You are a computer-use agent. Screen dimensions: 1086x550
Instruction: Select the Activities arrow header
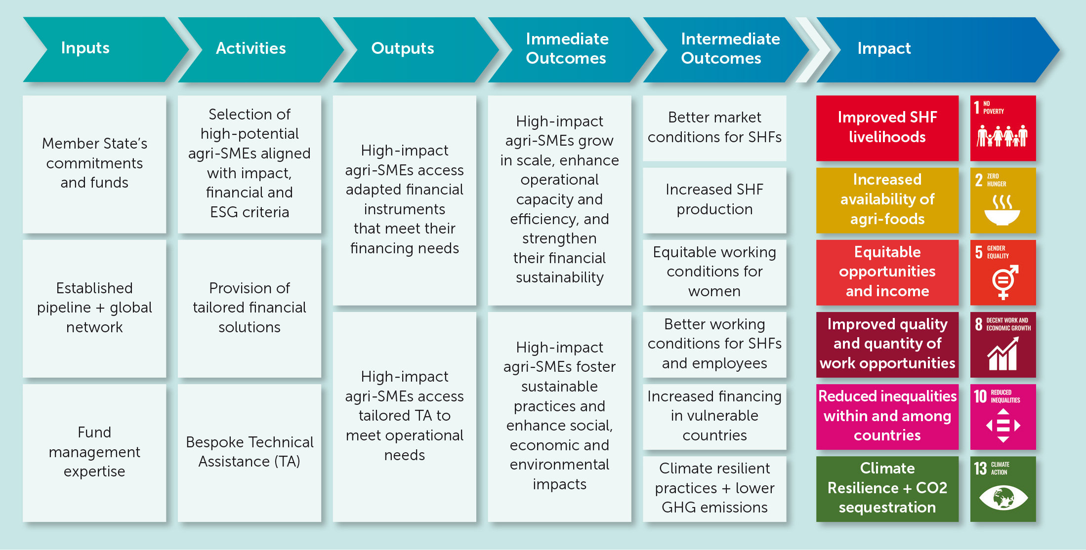pyautogui.click(x=257, y=49)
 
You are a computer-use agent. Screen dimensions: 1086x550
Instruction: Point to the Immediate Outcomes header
pyautogui.click(x=567, y=49)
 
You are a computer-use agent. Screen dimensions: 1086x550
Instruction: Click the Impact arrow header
pyautogui.click(x=934, y=49)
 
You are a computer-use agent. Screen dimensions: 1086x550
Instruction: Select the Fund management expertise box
pyautogui.click(x=94, y=453)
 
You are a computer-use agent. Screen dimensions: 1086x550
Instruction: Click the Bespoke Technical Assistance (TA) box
pyautogui.click(x=250, y=453)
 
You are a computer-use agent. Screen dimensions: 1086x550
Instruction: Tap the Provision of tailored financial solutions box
pyautogui.click(x=250, y=309)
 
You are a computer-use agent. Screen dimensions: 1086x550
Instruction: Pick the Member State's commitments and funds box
pyautogui.click(x=94, y=164)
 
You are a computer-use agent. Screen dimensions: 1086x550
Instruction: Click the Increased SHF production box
pyautogui.click(x=714, y=200)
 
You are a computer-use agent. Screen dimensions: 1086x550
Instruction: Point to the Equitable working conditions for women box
pyautogui.click(x=714, y=272)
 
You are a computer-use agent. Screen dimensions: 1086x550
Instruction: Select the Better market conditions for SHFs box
pyautogui.click(x=714, y=128)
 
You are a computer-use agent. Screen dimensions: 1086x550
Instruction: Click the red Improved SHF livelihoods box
pyautogui.click(x=887, y=128)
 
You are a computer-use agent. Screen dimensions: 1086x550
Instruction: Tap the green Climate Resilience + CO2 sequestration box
pyautogui.click(x=887, y=489)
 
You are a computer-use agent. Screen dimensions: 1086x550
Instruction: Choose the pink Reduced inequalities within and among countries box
pyautogui.click(x=887, y=417)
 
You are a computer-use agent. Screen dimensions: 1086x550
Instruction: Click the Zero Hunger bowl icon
pyautogui.click(x=1002, y=210)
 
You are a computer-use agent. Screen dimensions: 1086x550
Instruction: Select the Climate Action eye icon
pyautogui.click(x=1003, y=498)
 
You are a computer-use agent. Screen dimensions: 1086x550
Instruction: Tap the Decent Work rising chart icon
pyautogui.click(x=1003, y=354)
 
